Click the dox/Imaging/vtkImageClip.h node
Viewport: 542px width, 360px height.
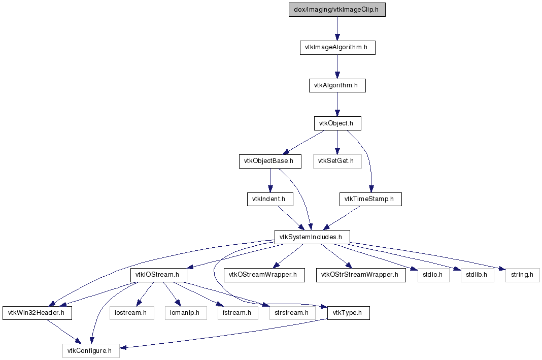337,10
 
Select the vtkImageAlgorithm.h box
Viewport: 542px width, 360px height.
337,47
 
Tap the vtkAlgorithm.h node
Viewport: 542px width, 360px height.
337,85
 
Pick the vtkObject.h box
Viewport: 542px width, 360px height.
337,123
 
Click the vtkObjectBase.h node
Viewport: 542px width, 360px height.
270,161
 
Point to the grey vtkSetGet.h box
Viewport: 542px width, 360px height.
337,161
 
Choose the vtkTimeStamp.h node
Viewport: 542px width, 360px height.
370,199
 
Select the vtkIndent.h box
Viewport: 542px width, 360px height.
270,199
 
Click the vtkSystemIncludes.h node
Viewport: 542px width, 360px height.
312,237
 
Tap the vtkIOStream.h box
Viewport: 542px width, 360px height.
159,275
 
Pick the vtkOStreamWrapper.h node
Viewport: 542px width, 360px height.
264,275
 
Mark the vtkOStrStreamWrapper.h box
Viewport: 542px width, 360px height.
361,275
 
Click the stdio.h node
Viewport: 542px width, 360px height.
433,275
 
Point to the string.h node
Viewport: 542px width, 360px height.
522,275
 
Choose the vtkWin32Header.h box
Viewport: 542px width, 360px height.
38,313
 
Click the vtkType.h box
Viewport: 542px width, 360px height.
349,313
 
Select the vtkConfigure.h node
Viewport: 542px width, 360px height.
91,351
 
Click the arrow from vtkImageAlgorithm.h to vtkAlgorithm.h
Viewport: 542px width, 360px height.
337,67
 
